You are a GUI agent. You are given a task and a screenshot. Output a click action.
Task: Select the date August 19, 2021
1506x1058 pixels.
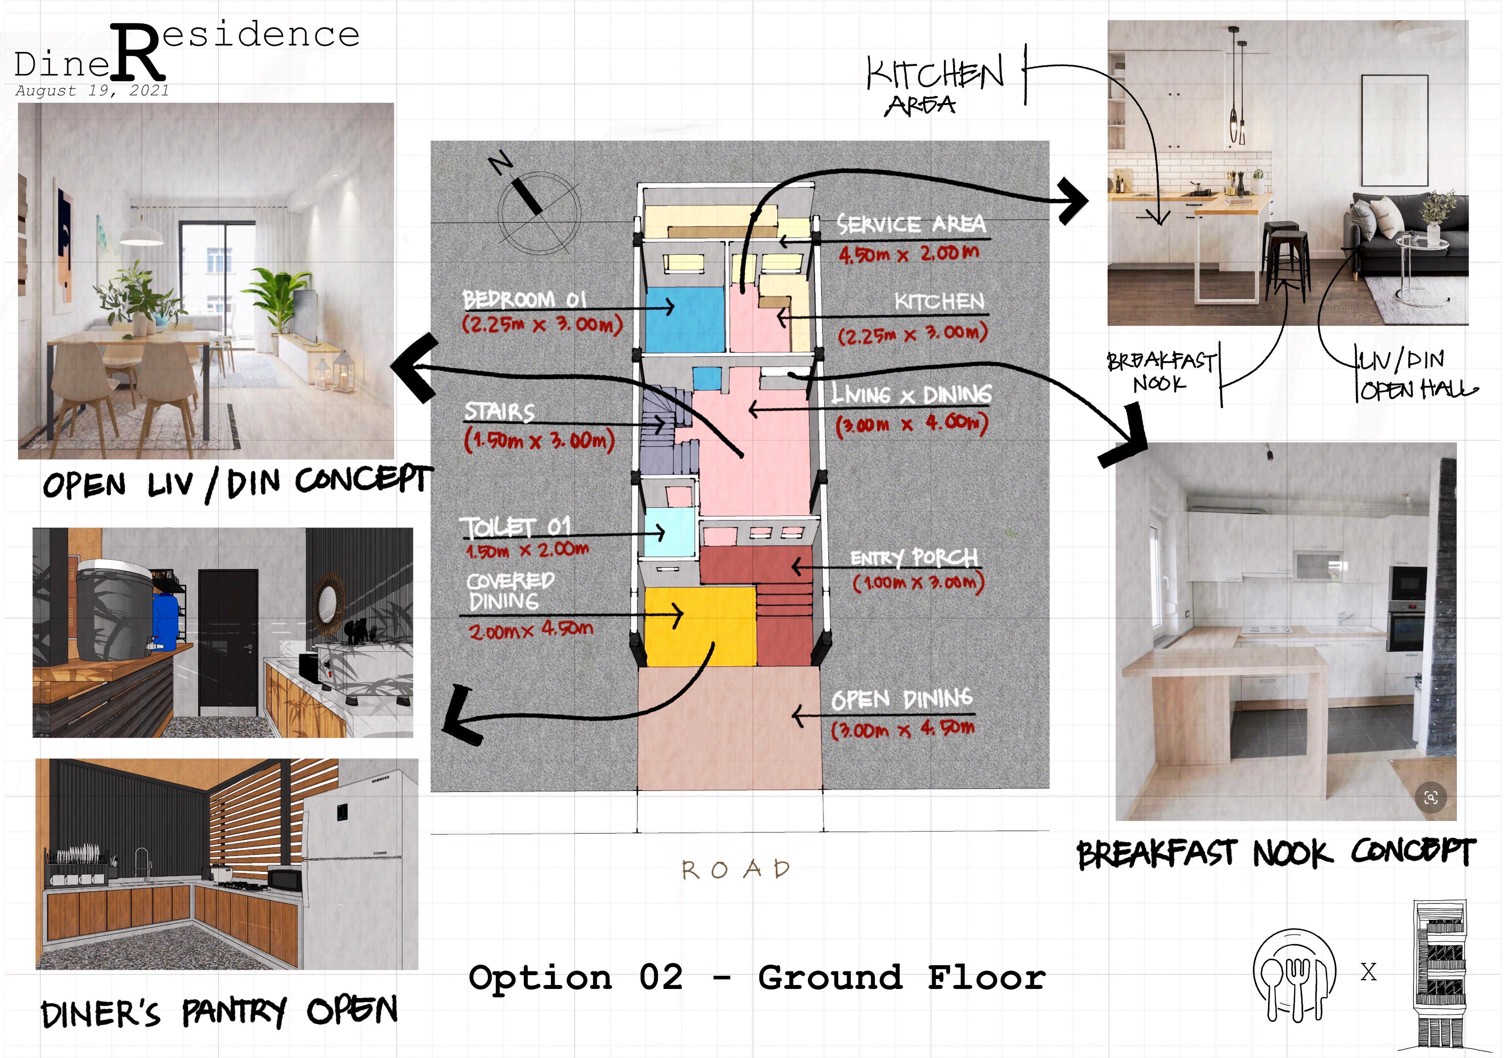tap(92, 91)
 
